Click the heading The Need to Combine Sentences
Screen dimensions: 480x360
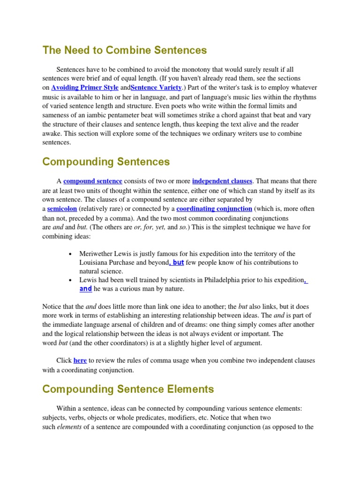124,50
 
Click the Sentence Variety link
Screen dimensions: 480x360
156,88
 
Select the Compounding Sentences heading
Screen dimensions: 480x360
106,162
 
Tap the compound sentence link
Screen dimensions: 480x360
93,181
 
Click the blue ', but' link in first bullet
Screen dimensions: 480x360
176,262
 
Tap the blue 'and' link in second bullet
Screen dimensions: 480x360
85,289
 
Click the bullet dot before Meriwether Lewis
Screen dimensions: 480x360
70,254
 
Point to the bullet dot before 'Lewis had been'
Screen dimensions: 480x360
70,280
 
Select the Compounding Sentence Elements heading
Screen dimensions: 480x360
128,389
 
